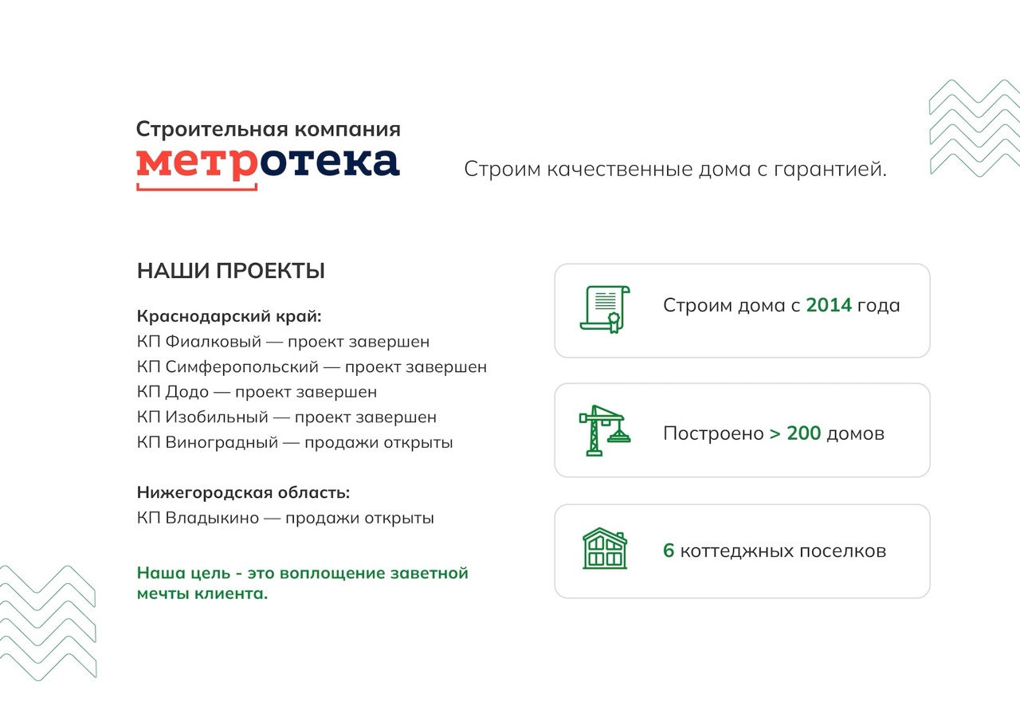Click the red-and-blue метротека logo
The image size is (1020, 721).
(269, 168)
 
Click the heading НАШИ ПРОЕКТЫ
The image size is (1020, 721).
(231, 271)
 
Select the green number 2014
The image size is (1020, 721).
(829, 305)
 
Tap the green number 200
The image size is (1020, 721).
(804, 433)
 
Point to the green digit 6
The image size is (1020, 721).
(669, 551)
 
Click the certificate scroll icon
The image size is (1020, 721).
(605, 310)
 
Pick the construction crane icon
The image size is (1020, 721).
(605, 430)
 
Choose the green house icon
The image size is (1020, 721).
(605, 548)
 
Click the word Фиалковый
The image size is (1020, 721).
(213, 342)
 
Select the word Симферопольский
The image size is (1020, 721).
(241, 367)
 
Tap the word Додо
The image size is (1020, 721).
(186, 392)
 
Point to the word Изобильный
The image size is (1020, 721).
(217, 417)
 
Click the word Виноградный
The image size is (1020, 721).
(222, 442)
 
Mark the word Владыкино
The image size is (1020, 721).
(212, 518)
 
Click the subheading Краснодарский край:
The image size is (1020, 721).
(229, 316)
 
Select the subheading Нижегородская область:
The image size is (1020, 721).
(244, 493)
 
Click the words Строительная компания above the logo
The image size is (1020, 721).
(269, 129)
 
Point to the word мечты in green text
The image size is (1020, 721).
(163, 594)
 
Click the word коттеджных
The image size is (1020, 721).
(737, 551)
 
